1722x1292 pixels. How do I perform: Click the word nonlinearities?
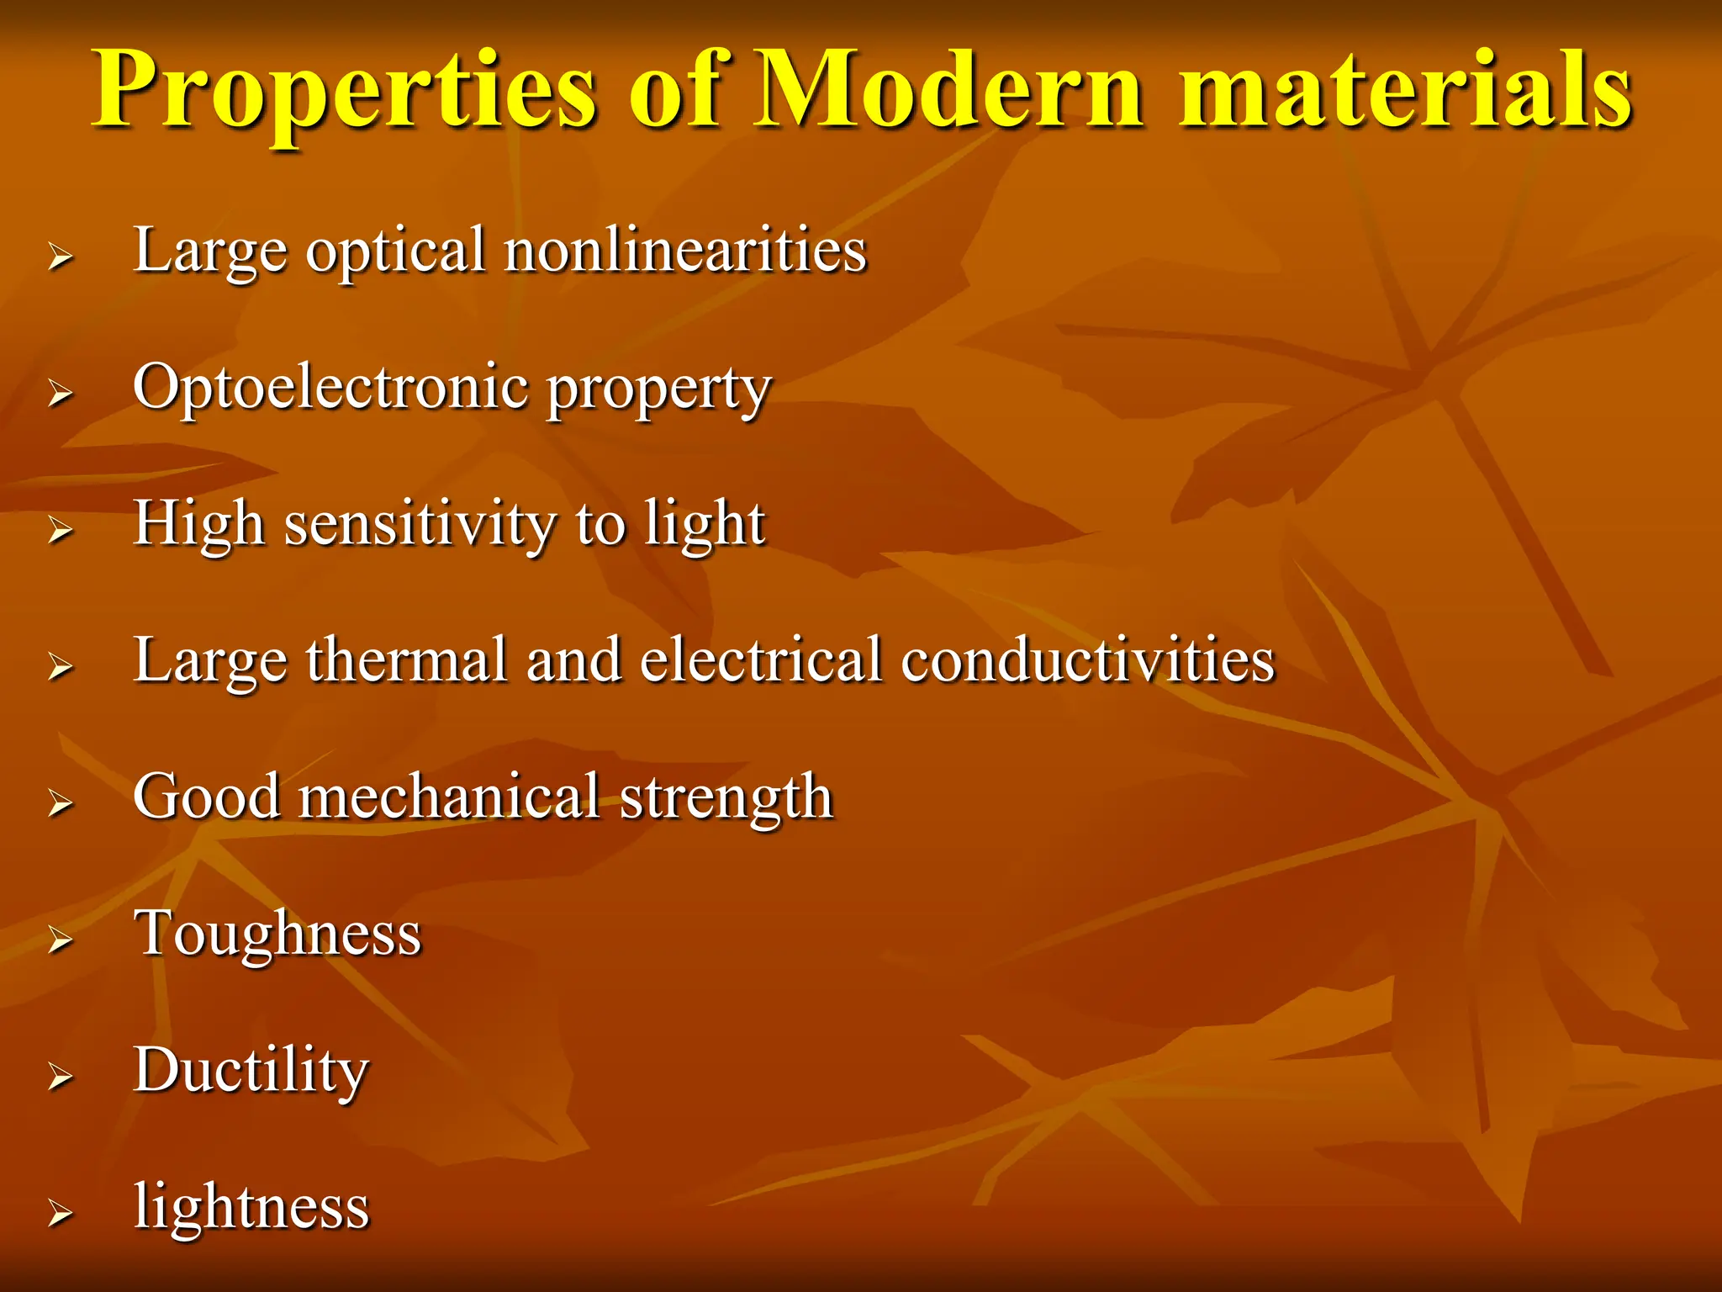pyautogui.click(x=685, y=250)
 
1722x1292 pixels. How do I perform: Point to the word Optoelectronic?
pyautogui.click(x=331, y=388)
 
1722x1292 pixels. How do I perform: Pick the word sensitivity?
pyautogui.click(x=420, y=524)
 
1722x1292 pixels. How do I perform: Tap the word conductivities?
pyautogui.click(x=1088, y=660)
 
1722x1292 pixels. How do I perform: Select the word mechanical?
pyautogui.click(x=449, y=797)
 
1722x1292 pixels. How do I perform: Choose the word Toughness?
pyautogui.click(x=277, y=934)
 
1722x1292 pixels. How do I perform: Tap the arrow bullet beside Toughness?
pyautogui.click(x=60, y=939)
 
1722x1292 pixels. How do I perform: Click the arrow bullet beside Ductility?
pyautogui.click(x=60, y=1076)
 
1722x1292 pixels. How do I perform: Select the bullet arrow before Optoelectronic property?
pyautogui.click(x=60, y=392)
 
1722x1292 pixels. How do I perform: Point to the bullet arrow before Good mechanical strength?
pyautogui.click(x=60, y=802)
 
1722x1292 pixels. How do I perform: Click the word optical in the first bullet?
pyautogui.click(x=396, y=252)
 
